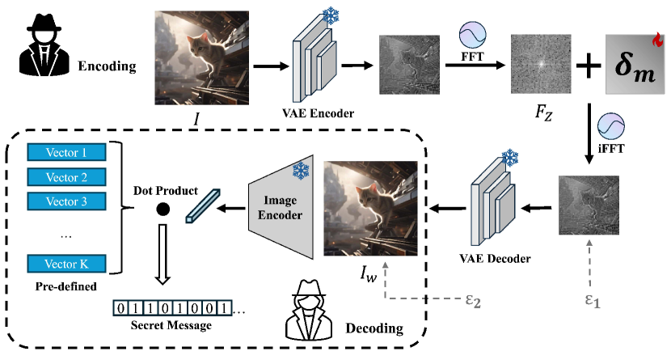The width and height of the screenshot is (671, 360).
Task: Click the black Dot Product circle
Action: click(x=162, y=210)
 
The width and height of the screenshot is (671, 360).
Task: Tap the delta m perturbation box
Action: click(x=636, y=62)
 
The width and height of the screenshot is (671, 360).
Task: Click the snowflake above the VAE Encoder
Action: click(x=331, y=16)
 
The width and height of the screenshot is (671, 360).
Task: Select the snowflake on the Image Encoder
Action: click(x=301, y=172)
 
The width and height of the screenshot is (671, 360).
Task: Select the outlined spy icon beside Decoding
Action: click(x=308, y=310)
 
